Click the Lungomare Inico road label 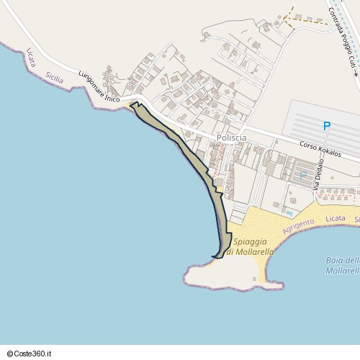(99, 89)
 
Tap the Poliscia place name (231, 138)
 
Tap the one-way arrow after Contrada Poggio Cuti (354, 71)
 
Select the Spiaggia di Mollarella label (247, 246)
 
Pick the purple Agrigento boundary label (299, 225)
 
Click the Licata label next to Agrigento (336, 217)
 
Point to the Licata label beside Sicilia (30, 58)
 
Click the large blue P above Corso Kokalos (327, 127)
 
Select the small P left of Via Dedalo (303, 175)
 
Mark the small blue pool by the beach (289, 212)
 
